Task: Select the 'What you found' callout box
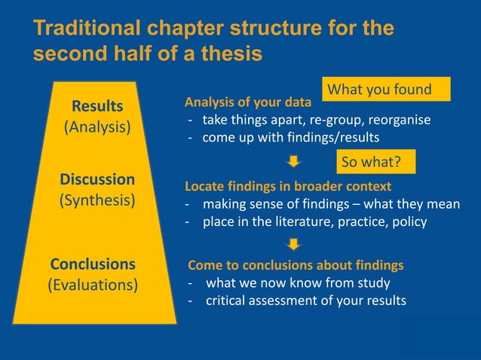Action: (x=385, y=90)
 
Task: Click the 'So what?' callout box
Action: (x=370, y=162)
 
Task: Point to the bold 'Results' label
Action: (x=97, y=105)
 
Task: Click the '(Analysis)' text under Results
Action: (x=97, y=127)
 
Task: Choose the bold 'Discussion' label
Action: (x=97, y=179)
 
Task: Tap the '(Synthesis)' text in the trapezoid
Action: (x=97, y=201)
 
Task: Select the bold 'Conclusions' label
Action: (x=93, y=264)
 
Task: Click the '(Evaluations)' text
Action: (x=93, y=285)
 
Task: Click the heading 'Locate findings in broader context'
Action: (x=288, y=185)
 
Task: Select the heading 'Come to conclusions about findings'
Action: (x=296, y=265)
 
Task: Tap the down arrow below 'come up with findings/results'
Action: (x=295, y=160)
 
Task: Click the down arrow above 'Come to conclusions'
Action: (x=295, y=243)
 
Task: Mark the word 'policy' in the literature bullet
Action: (x=407, y=221)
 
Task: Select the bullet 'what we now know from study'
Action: (x=298, y=283)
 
